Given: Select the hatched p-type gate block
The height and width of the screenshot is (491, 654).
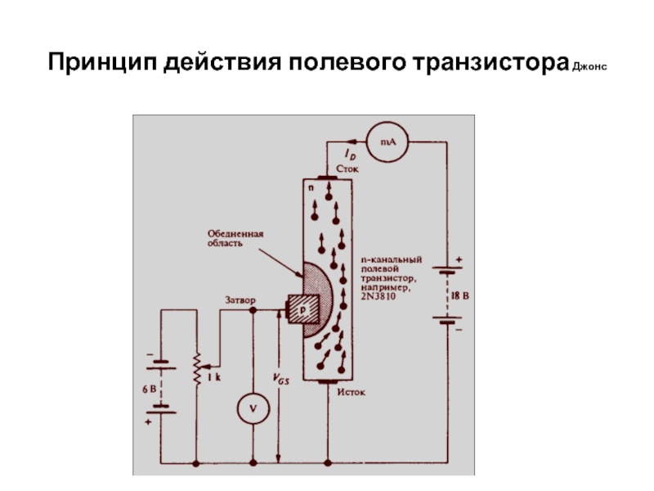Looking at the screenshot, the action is [x=303, y=309].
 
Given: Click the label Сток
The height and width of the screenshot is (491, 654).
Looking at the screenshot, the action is [x=347, y=169].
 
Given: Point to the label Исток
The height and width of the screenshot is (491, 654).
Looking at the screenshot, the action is [x=352, y=392].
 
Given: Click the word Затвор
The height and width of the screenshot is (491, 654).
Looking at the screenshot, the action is [x=240, y=300].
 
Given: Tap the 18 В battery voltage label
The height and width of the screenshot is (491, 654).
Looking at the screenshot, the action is [x=460, y=296].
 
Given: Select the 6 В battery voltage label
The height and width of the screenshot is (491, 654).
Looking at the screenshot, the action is [x=150, y=390].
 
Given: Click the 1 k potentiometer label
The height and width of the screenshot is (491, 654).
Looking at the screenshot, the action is [x=214, y=377].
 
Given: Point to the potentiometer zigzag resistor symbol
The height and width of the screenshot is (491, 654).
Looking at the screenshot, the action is [x=197, y=368].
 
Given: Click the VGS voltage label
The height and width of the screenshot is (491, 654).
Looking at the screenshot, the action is [x=280, y=379].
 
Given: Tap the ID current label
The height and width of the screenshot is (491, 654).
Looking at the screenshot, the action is [x=350, y=155].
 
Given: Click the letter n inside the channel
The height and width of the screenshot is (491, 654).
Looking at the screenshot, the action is [x=311, y=188].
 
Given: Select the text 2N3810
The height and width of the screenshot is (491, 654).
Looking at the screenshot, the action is [x=379, y=296].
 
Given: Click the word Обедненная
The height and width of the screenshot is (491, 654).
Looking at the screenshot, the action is [x=235, y=234].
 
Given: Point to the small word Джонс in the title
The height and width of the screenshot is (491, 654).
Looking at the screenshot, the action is [x=589, y=66].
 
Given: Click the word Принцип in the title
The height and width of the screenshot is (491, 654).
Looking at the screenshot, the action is [x=103, y=62].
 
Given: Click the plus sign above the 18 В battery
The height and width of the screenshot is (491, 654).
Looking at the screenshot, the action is [x=459, y=259].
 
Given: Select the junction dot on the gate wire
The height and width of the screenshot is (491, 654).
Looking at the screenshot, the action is [x=253, y=310].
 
